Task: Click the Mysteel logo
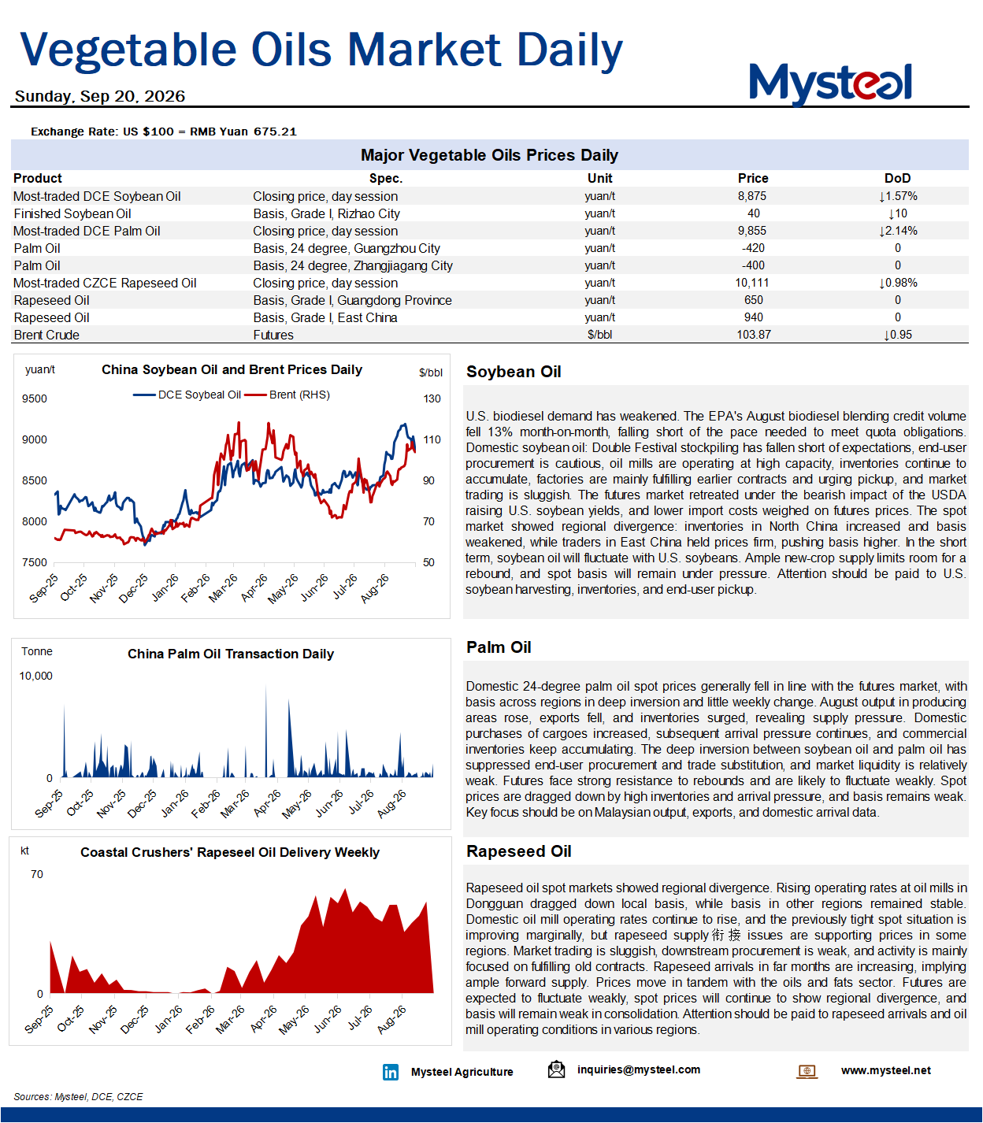(x=830, y=83)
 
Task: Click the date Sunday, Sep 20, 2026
(x=100, y=96)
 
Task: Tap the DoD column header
(x=897, y=179)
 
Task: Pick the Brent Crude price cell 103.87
(x=753, y=335)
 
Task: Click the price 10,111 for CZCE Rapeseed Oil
(x=752, y=283)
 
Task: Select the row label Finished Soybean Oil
(x=72, y=213)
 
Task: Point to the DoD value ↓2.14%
(x=898, y=231)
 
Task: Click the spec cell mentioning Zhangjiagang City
(x=353, y=265)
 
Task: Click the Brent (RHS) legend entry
(x=287, y=395)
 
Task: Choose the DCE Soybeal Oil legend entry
(x=187, y=395)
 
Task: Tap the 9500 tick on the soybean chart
(x=35, y=398)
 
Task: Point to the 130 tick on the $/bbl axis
(x=432, y=398)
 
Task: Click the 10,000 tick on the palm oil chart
(x=36, y=676)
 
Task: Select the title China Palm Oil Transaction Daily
(x=231, y=654)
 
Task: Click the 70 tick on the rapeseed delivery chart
(x=37, y=874)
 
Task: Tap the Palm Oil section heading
(x=499, y=647)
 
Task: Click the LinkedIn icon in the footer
(x=390, y=1071)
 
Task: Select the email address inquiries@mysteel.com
(x=638, y=1069)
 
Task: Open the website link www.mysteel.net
(x=886, y=1070)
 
